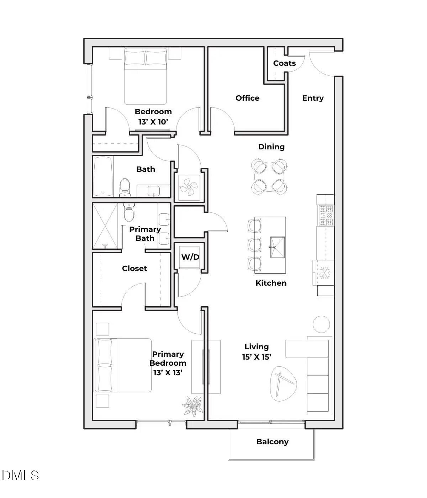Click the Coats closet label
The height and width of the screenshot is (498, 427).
pyautogui.click(x=284, y=63)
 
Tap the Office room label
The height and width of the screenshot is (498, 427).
pyautogui.click(x=247, y=98)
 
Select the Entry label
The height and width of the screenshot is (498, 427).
pyautogui.click(x=313, y=98)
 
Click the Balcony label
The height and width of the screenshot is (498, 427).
pyautogui.click(x=272, y=442)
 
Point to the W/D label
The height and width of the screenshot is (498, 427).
pyautogui.click(x=190, y=257)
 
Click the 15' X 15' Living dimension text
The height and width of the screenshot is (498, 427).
pyautogui.click(x=257, y=357)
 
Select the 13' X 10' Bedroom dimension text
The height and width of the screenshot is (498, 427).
pyautogui.click(x=153, y=122)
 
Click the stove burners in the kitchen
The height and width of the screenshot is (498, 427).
pyautogui.click(x=326, y=216)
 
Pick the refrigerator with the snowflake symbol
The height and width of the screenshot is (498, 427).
pyautogui.click(x=324, y=273)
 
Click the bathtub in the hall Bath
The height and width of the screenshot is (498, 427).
pyautogui.click(x=103, y=177)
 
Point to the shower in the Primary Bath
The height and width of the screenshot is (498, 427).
pyautogui.click(x=105, y=226)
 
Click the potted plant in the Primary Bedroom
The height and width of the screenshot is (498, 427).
pyautogui.click(x=193, y=406)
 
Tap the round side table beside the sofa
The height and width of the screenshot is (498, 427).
pyautogui.click(x=321, y=324)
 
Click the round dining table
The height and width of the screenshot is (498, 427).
pyautogui.click(x=269, y=177)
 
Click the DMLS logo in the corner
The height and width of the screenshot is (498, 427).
pyautogui.click(x=20, y=476)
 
